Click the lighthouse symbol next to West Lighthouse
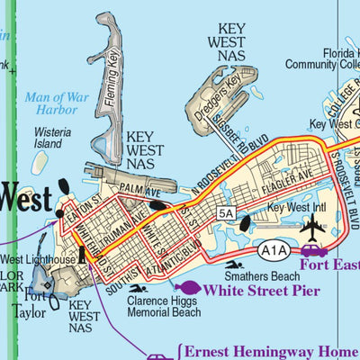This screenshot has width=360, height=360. coord(82,256)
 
